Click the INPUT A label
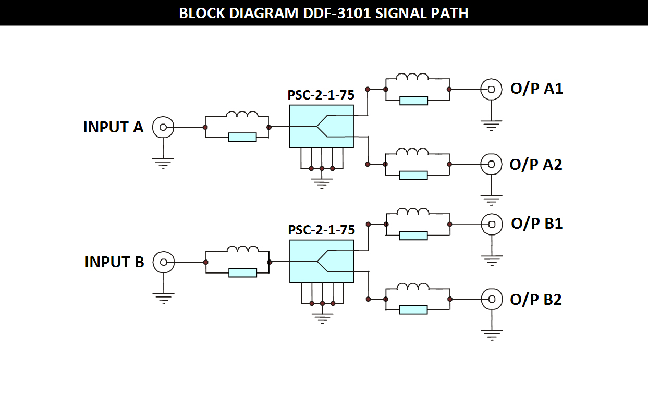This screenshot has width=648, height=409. point(113,127)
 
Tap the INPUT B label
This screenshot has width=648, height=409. point(114,262)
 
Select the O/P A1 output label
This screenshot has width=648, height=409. point(537,89)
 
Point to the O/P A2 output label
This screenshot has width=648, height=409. point(536,164)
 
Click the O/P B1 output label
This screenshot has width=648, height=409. point(537,224)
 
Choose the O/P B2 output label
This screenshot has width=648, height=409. point(536,300)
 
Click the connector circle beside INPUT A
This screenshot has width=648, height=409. point(163,127)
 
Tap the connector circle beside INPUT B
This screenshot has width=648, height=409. point(164,262)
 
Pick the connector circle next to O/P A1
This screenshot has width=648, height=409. point(491,89)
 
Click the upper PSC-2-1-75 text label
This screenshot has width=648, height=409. point(321,95)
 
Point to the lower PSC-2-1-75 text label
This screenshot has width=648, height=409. point(321,230)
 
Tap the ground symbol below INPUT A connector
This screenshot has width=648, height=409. point(163,163)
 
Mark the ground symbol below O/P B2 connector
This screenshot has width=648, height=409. point(492,334)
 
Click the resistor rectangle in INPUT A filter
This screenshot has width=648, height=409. point(242,137)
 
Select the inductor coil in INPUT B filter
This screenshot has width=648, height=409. point(243,250)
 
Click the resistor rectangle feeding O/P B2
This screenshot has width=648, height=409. point(413,309)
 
